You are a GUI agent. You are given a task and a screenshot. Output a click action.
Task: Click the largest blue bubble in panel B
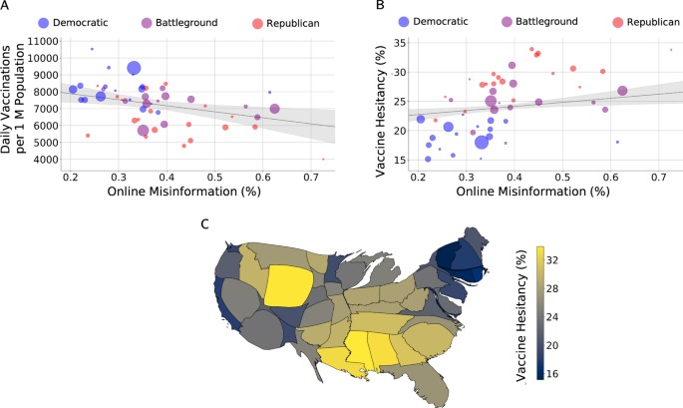coord(482,142)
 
